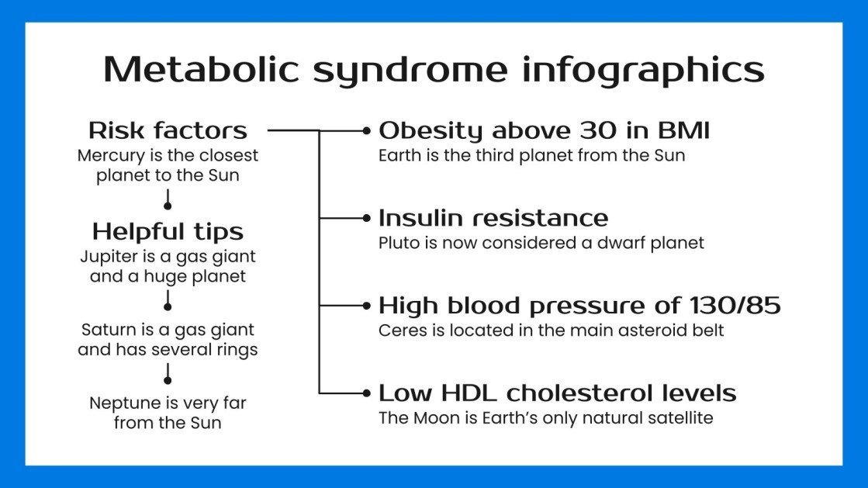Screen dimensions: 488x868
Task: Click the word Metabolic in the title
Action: (x=200, y=69)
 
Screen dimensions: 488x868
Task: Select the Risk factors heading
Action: (x=168, y=130)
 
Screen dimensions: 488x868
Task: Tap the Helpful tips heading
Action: (x=168, y=231)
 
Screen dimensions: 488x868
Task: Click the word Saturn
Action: (x=106, y=330)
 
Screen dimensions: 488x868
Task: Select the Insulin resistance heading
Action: (x=493, y=218)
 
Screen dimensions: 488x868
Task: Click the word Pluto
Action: (x=396, y=243)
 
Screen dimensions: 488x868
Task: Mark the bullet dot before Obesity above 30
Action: (x=367, y=131)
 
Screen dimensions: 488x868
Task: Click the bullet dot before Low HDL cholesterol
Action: (x=367, y=393)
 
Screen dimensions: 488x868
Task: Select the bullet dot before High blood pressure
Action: (x=367, y=306)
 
